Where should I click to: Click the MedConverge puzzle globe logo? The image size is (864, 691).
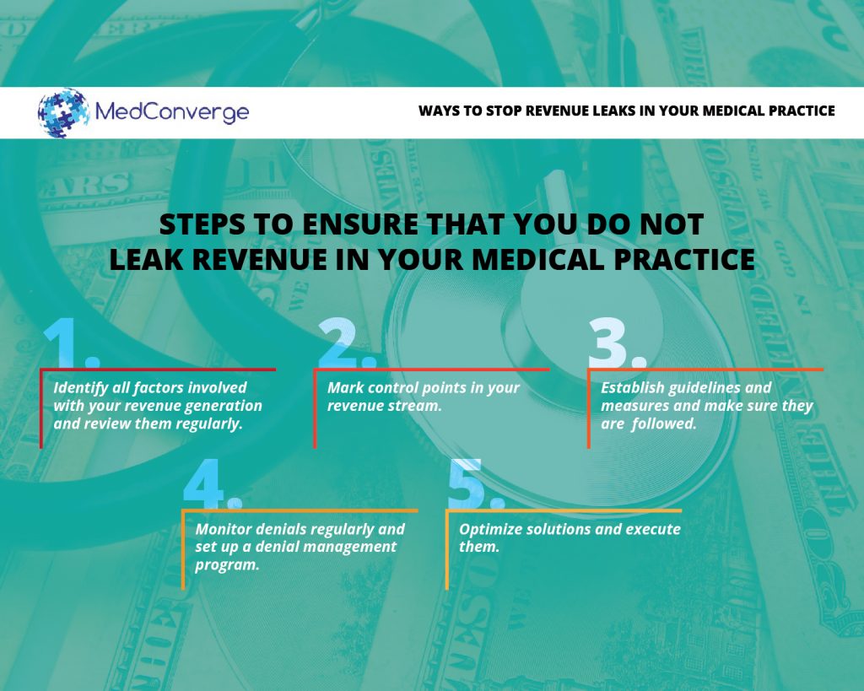click(63, 112)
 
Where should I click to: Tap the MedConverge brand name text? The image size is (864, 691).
click(172, 113)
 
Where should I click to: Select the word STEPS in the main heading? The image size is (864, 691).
click(202, 224)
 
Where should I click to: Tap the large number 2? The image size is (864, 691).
click(347, 343)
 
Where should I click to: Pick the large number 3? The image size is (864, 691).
click(617, 343)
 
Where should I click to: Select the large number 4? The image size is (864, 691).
click(212, 483)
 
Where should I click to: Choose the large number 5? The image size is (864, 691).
click(476, 483)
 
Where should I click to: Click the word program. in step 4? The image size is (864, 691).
click(227, 565)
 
